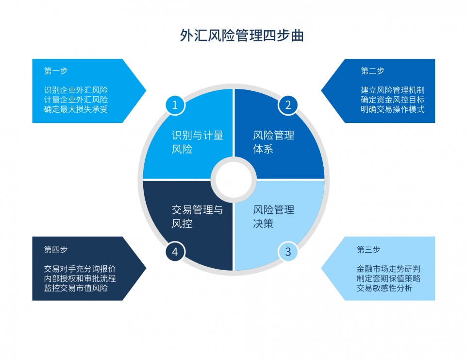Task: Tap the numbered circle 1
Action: [x=175, y=105]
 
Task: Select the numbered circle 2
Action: [x=288, y=105]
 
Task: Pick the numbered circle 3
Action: [x=288, y=252]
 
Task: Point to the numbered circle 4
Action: [x=175, y=252]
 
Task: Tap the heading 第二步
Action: [x=372, y=71]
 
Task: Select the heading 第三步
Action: [x=368, y=250]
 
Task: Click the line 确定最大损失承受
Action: [x=76, y=109]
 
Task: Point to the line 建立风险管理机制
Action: [x=393, y=90]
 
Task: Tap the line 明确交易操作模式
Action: [x=393, y=109]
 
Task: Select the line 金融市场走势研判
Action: [x=389, y=269]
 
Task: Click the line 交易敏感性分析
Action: [x=384, y=288]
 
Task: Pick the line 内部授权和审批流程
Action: [x=80, y=278]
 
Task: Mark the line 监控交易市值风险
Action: [x=76, y=288]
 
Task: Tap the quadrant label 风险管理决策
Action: [x=273, y=217]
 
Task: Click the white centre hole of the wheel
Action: [x=233, y=180]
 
